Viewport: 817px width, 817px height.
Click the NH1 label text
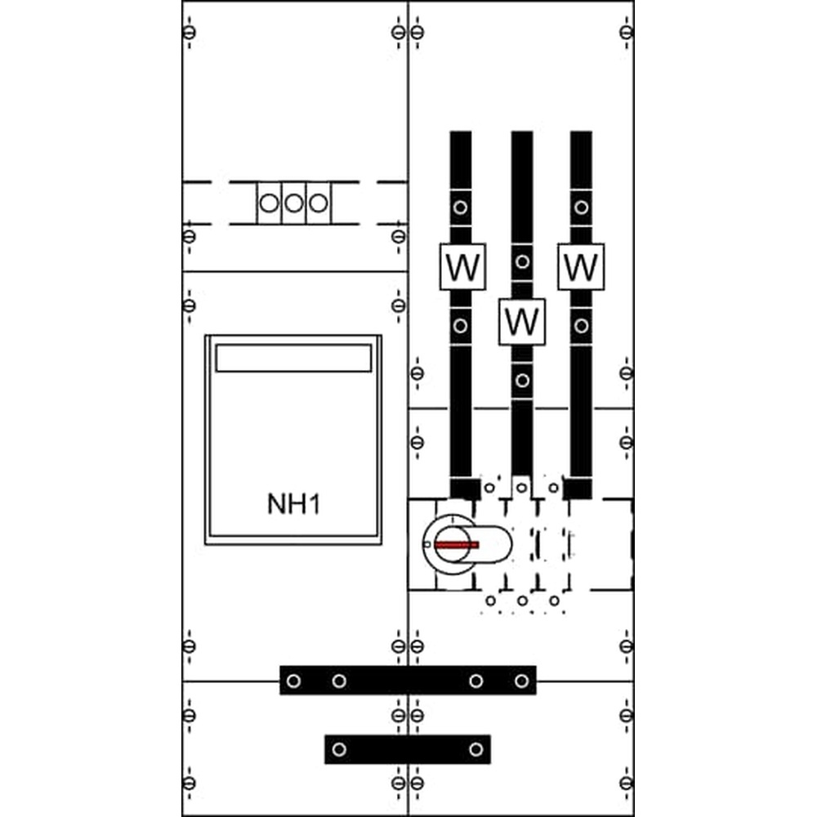tap(294, 504)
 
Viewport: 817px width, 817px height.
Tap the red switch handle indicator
tap(457, 545)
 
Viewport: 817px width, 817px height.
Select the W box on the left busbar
tap(462, 267)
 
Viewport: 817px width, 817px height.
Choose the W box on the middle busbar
tap(522, 321)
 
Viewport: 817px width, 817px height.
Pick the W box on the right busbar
tap(581, 267)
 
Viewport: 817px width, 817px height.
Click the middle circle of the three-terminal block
tap(294, 203)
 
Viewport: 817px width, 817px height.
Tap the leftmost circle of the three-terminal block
tap(269, 203)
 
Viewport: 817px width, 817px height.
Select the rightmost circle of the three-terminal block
tap(319, 203)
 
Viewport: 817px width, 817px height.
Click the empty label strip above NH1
tap(293, 358)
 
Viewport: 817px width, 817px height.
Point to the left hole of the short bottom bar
tap(339, 749)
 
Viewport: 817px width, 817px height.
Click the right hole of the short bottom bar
tap(475, 749)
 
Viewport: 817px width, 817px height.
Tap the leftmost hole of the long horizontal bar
tap(294, 681)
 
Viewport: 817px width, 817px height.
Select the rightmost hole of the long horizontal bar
tap(521, 681)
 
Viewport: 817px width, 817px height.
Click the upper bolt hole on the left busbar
tap(460, 208)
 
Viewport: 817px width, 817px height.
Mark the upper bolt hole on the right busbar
tap(582, 208)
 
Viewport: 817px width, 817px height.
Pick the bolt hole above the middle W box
tap(522, 261)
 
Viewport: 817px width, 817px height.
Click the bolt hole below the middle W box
tap(522, 381)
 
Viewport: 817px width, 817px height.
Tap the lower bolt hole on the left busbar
tap(460, 326)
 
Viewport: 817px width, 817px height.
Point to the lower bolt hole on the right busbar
tap(582, 326)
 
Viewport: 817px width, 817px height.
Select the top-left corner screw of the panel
tap(190, 33)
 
